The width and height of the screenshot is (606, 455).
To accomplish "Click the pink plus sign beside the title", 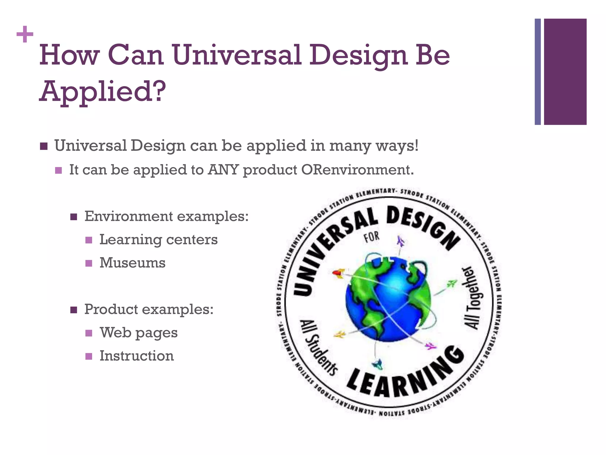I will pos(25,35).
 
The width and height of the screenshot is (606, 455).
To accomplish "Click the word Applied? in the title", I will pos(102,91).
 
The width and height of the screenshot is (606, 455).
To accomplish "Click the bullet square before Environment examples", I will pos(74,217).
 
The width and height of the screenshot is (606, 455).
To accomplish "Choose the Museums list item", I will pos(132,263).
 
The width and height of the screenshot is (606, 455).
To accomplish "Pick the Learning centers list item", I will pos(158,240).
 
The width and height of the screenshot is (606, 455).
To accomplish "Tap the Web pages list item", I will pos(138,333).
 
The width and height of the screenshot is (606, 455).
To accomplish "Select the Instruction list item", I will pos(136,356).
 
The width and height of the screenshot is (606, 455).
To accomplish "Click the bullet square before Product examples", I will pos(74,310).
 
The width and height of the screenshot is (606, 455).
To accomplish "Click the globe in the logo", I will pos(388,299).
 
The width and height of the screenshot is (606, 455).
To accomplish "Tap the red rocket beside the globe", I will pos(338,273).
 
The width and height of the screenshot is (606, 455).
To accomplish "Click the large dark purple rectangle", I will pos(565,72).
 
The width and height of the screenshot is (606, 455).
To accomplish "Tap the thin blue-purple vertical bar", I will pos(538,72).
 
